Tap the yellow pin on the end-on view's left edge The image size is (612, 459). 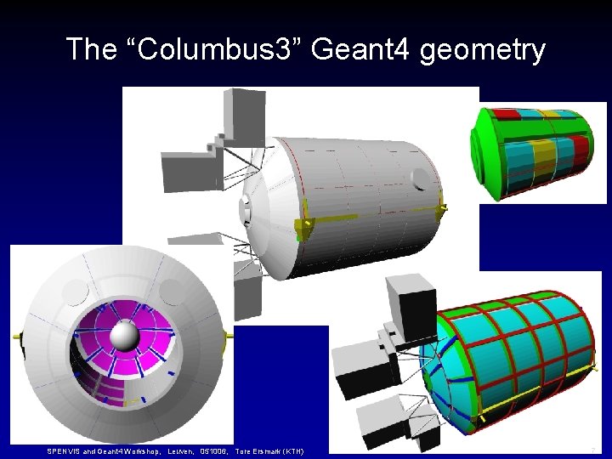click(x=15, y=337)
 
